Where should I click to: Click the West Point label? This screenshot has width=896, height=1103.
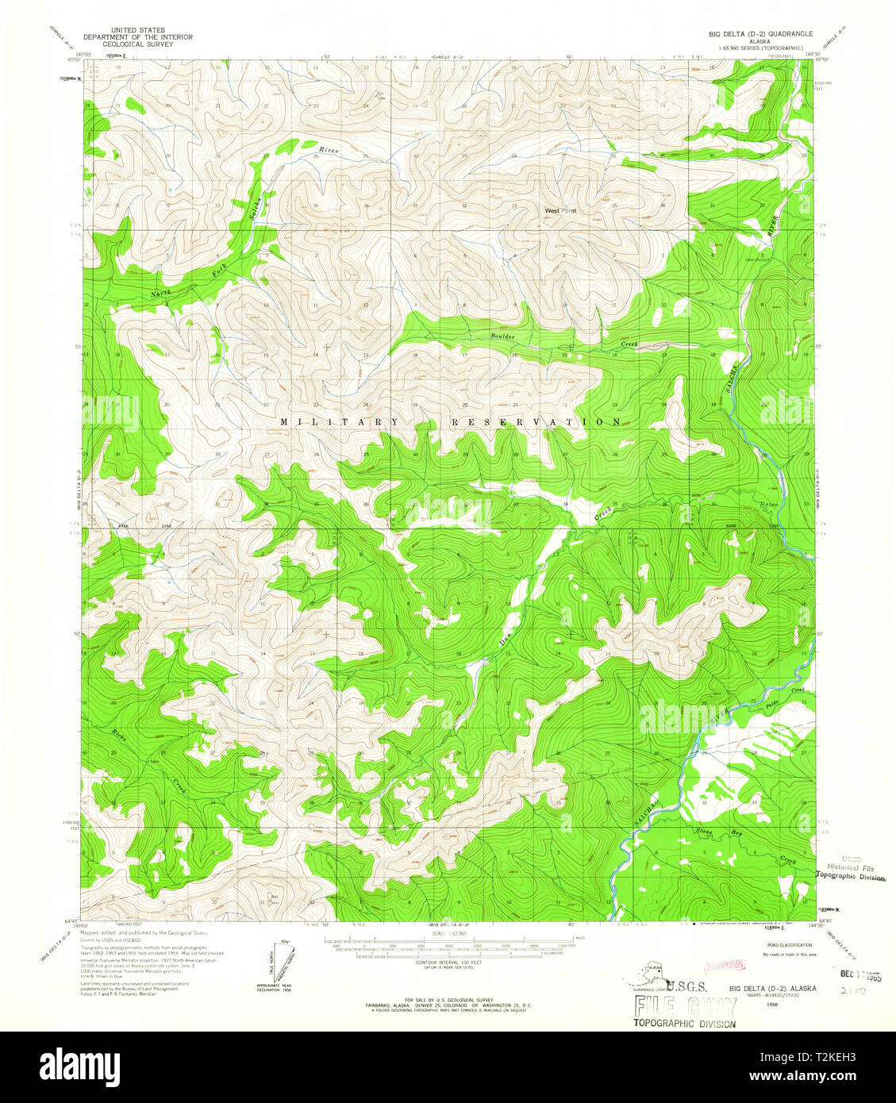tap(560, 211)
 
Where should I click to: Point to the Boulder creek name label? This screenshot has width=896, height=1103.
tap(502, 336)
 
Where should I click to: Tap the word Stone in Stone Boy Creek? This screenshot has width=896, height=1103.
tap(706, 832)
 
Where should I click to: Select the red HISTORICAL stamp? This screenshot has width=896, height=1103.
tap(725, 965)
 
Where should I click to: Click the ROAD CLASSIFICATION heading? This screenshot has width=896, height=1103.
tap(790, 945)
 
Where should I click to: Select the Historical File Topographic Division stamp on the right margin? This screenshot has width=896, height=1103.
tap(853, 869)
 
